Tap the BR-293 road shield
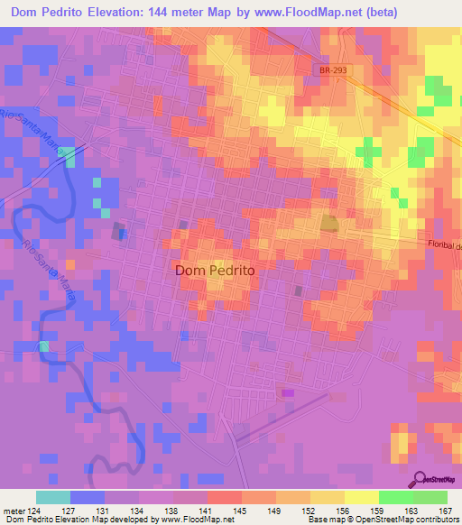click(x=333, y=69)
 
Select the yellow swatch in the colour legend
click(x=361, y=498)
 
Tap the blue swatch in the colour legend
click(x=88, y=498)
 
